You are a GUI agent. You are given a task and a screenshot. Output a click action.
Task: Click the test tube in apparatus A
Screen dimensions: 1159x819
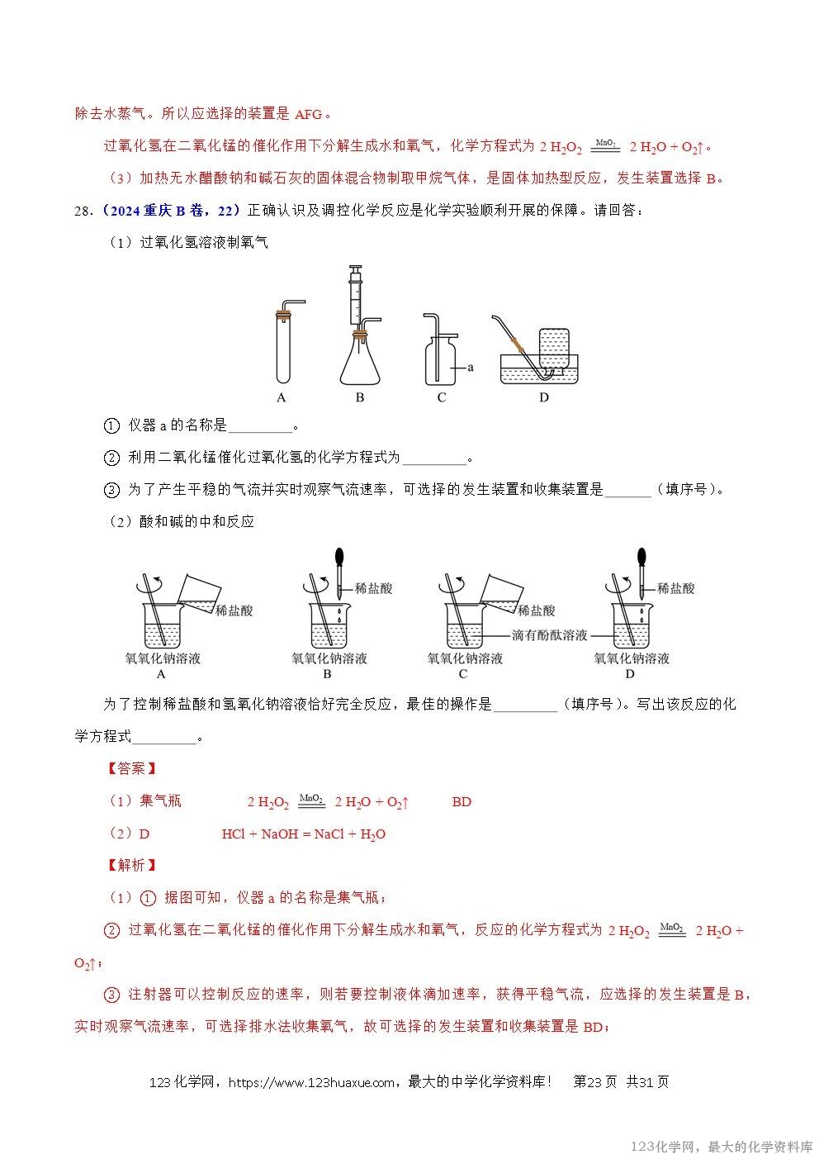pos(282,351)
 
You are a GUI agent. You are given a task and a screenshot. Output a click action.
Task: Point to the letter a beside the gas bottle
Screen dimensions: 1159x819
pos(471,367)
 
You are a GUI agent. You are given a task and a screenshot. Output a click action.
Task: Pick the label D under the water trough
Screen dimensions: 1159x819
pos(543,397)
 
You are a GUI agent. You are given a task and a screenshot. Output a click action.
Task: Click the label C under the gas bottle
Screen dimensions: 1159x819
pos(442,397)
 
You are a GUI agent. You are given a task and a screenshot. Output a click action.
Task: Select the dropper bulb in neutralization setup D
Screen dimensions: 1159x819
pos(641,558)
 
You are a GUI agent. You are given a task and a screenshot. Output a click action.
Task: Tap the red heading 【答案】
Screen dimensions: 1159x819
pos(131,768)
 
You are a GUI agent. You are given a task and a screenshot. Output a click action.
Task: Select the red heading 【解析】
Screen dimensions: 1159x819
pos(131,865)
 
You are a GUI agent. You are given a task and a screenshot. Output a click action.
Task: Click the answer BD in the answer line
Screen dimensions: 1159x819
pos(462,801)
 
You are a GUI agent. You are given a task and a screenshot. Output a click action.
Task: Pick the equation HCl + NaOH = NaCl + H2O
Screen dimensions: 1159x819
pos(303,834)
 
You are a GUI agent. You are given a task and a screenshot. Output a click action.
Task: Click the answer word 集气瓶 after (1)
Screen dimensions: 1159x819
pos(160,800)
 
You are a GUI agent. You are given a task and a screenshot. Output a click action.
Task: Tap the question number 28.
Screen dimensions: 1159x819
pos(83,211)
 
